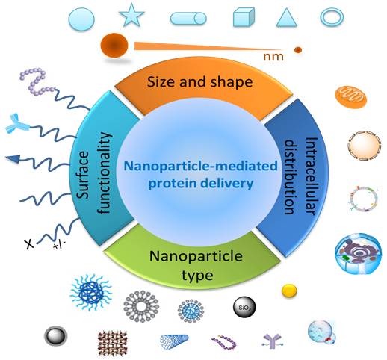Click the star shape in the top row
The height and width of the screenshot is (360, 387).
click(131, 16)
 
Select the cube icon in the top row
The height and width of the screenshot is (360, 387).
click(244, 17)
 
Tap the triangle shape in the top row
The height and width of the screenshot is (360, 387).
click(286, 17)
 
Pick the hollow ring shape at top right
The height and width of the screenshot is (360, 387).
click(332, 17)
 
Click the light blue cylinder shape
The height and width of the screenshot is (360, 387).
click(188, 19)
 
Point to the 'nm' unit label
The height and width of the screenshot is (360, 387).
click(273, 57)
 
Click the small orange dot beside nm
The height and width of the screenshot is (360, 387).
click(298, 50)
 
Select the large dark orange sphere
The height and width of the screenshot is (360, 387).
click(114, 46)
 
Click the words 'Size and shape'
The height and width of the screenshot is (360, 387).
click(199, 81)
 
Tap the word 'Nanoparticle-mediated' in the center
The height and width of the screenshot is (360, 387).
click(201, 166)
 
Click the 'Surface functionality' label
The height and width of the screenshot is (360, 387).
click(94, 173)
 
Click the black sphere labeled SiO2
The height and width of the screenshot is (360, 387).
click(244, 307)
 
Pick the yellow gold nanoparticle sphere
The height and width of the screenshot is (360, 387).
click(289, 291)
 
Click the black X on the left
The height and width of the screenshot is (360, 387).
click(29, 244)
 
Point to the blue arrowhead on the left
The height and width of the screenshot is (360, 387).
click(13, 158)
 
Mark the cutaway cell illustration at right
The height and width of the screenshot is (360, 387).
click(358, 253)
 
